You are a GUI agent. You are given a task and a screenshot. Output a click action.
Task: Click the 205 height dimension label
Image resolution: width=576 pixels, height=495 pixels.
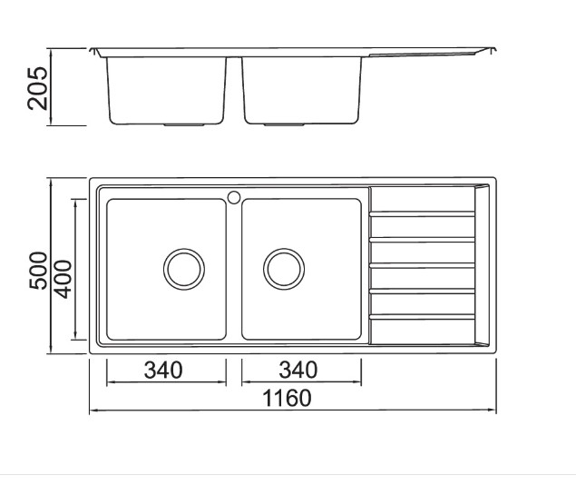37,88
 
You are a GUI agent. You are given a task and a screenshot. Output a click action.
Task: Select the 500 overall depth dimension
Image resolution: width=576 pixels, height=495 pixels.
38,271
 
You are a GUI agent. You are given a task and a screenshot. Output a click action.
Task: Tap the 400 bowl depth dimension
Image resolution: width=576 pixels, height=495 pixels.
63,279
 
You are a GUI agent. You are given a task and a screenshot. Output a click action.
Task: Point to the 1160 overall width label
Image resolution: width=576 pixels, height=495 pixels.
288,398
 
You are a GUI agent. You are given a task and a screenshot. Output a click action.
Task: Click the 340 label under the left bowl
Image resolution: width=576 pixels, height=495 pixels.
163,370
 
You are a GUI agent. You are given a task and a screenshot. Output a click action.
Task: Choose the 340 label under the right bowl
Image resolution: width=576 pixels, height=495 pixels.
298,370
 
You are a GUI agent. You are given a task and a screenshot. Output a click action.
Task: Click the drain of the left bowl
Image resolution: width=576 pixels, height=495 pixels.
184,269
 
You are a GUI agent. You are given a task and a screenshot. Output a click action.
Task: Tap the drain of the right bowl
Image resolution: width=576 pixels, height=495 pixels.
284,269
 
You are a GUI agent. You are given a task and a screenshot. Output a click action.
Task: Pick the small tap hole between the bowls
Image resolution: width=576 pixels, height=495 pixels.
234,197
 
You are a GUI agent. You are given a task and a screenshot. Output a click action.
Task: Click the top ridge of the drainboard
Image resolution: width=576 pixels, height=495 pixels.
422,213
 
